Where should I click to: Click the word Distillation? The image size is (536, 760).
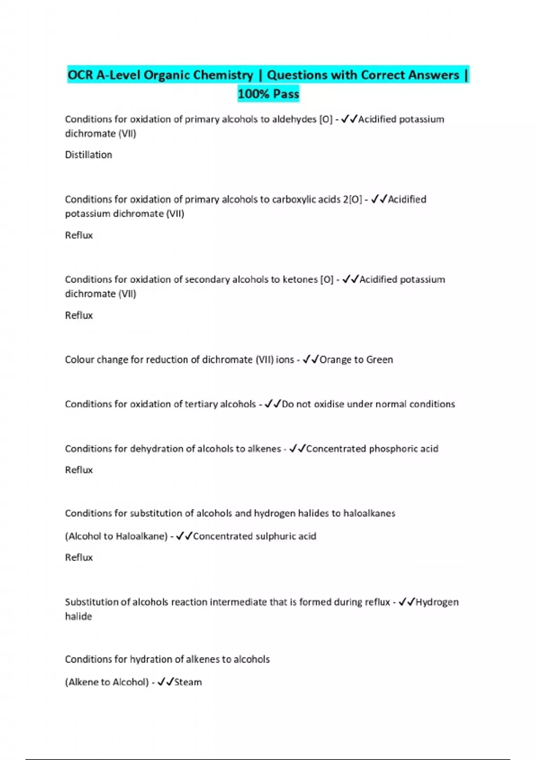click(88, 155)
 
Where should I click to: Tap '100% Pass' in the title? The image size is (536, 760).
click(268, 94)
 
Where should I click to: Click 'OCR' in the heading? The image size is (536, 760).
click(80, 75)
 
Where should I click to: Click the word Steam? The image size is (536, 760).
click(188, 682)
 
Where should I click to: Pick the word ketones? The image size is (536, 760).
click(300, 279)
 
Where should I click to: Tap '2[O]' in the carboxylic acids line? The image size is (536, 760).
click(352, 199)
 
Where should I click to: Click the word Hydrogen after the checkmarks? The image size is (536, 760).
click(437, 602)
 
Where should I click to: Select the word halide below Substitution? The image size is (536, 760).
click(79, 616)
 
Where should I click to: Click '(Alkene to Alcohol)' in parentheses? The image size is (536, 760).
click(107, 682)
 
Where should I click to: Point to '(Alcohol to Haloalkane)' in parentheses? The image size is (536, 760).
click(116, 536)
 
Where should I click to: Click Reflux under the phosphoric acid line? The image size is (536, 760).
click(79, 470)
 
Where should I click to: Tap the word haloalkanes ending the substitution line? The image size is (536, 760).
click(369, 513)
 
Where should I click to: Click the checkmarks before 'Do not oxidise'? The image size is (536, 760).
click(272, 404)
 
